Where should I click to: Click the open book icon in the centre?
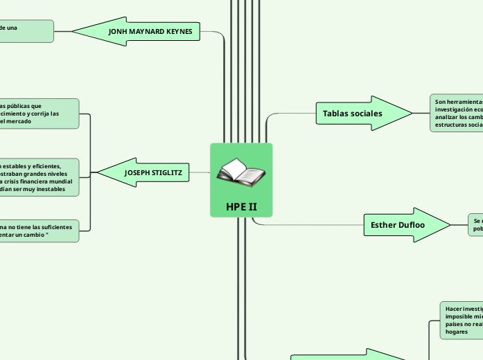click(240, 172)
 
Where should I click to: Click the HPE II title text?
click(241, 207)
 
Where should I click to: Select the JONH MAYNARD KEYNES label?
click(150, 32)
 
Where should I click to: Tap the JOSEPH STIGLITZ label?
click(152, 172)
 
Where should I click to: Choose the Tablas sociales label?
click(352, 113)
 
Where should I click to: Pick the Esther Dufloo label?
click(394, 224)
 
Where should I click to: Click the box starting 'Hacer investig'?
click(462, 319)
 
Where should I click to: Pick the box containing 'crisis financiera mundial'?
click(40, 177)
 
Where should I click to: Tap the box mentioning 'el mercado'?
click(39, 114)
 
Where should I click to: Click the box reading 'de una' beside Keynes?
click(26, 31)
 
